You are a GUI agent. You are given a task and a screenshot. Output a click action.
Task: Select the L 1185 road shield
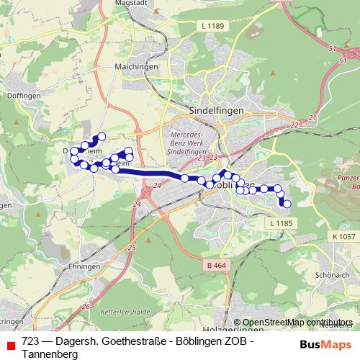pos(280,224)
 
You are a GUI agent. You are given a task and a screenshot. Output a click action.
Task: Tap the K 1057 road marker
pos(343,236)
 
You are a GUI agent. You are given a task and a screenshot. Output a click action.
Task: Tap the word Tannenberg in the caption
pos(50,353)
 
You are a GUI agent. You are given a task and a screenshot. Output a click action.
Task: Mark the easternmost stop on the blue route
pos(287,204)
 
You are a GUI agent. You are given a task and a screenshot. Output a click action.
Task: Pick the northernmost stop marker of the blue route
pos(102,136)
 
